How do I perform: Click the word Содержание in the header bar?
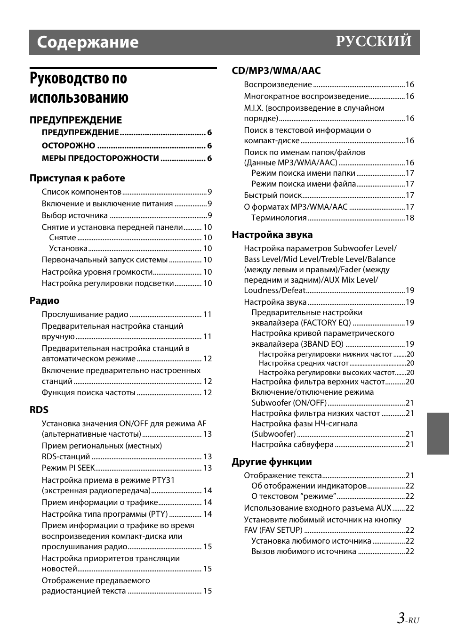coord(88,42)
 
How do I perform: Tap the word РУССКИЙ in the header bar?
coord(374,41)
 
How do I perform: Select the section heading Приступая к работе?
coord(77,178)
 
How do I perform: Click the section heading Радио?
coord(44,301)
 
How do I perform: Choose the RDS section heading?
coord(39,410)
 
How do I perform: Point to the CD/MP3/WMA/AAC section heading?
coord(276,71)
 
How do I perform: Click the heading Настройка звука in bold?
coord(272,235)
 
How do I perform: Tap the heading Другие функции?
coord(272,462)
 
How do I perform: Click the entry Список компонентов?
coord(81,192)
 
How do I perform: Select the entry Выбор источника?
coord(75,215)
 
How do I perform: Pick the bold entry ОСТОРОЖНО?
coord(68,146)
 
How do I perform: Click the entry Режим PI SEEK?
coord(68,468)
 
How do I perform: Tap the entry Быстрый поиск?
coord(273,195)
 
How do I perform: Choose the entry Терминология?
coord(279,218)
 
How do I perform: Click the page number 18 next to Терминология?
coord(409,218)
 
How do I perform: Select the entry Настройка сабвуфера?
coord(292,444)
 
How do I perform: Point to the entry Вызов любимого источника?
coord(304,551)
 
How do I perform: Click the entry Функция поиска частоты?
coord(88,392)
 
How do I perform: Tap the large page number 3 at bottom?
coord(401,618)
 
